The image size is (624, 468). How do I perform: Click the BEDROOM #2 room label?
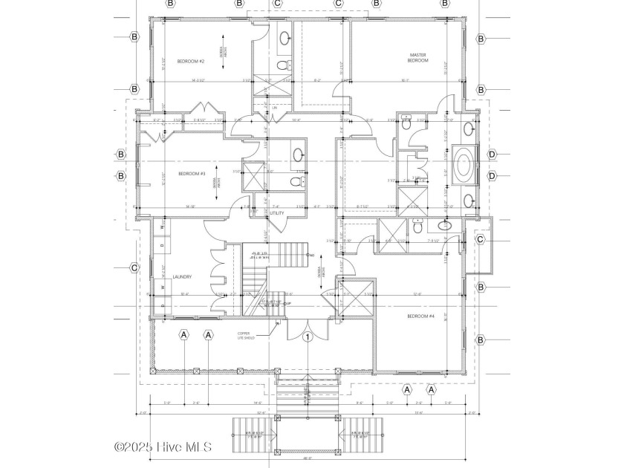coord(191,61)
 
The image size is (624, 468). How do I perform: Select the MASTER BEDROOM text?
coord(419,57)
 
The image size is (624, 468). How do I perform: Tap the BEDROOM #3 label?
coord(192,174)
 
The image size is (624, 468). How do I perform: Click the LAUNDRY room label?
coord(182,277)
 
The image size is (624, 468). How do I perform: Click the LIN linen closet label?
coord(274,108)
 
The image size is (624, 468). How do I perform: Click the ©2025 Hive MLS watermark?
coord(163,446)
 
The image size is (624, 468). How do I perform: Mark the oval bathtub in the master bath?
coord(466,162)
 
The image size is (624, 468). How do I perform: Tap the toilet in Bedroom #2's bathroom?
coord(283,65)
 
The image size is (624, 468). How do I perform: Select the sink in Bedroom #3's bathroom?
coord(298,155)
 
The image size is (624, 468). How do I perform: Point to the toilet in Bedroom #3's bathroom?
coord(297,181)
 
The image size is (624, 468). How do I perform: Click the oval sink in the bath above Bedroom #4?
coord(446,226)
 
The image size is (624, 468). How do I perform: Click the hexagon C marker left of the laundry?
coord(134,268)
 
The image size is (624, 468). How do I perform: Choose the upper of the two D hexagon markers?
coord(491,155)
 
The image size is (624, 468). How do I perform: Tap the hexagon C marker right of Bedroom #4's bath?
coord(481,239)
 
